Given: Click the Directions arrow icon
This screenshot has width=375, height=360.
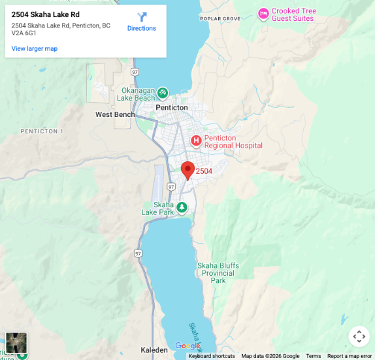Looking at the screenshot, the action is (x=142, y=18).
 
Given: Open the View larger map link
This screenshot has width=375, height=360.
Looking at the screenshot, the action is (x=35, y=48).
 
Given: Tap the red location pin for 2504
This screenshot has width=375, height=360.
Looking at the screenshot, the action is (x=187, y=170).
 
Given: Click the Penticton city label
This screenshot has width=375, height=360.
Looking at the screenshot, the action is (x=172, y=108).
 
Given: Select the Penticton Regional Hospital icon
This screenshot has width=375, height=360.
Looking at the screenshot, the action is (x=196, y=140).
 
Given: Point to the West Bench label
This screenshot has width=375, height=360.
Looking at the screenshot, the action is (x=115, y=114).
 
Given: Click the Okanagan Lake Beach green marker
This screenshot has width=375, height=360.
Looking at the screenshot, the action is (x=163, y=93).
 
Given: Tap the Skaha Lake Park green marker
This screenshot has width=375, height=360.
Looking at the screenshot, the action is (x=182, y=208).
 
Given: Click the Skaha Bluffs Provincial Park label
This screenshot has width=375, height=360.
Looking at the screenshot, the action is (x=218, y=272).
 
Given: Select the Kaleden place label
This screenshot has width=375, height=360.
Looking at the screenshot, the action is (x=154, y=350).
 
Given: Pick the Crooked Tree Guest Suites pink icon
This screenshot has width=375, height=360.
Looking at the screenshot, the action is (x=263, y=13).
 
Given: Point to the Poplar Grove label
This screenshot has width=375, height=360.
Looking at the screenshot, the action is (x=220, y=18).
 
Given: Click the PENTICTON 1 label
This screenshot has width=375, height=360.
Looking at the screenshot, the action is (x=42, y=131).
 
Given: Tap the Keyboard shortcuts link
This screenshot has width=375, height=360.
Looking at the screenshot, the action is (x=212, y=356).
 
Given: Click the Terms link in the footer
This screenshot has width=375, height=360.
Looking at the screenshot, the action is (x=314, y=356).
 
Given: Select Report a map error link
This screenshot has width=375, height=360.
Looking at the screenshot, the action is (x=350, y=356).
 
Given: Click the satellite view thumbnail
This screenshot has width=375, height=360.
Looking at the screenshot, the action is (x=16, y=342).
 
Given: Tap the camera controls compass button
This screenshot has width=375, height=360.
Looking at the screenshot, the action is (x=359, y=336).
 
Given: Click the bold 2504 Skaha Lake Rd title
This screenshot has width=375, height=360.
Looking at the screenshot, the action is (x=46, y=14).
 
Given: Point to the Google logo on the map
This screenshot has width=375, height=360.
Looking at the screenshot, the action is (x=187, y=346).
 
